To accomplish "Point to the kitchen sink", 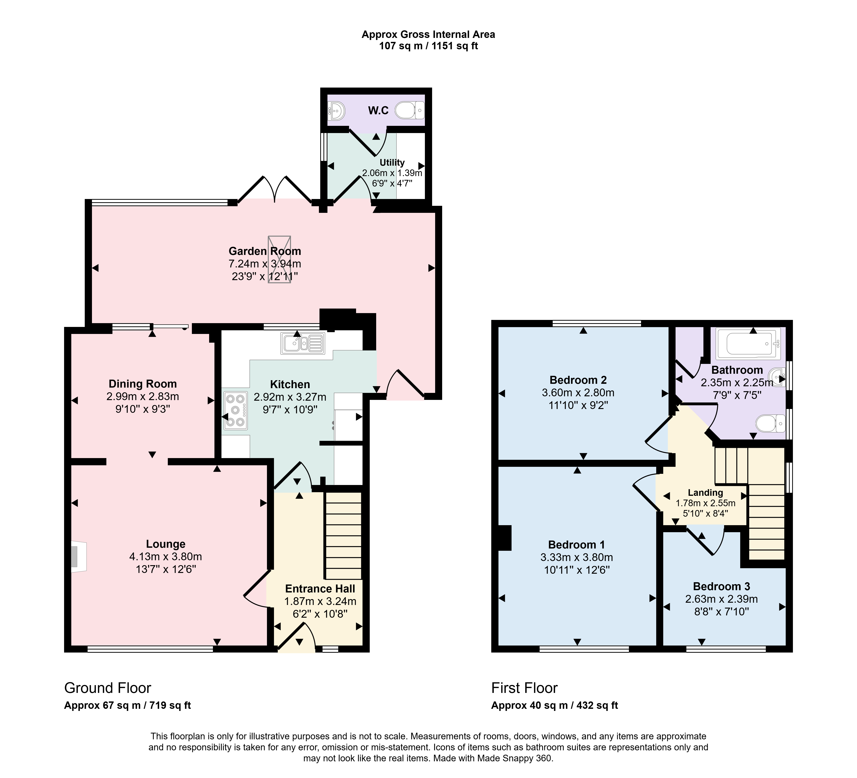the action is pyautogui.click(x=302, y=343).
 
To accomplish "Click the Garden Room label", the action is pyautogui.click(x=265, y=251).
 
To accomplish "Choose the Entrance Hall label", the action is pyautogui.click(x=320, y=589).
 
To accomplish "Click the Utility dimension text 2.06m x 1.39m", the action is pyautogui.click(x=392, y=173).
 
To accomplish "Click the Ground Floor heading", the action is pyautogui.click(x=108, y=688).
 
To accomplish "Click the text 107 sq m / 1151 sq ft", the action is pyautogui.click(x=428, y=46).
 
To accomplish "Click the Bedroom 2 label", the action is pyautogui.click(x=578, y=380).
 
